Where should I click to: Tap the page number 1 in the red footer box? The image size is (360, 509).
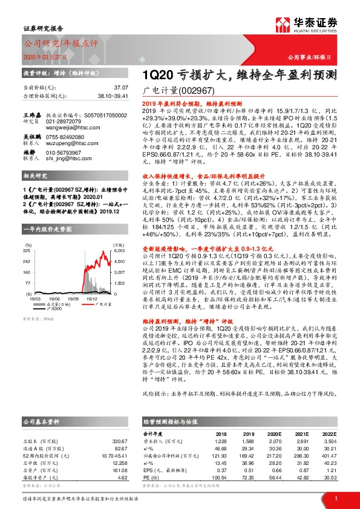click(x=335, y=498)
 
